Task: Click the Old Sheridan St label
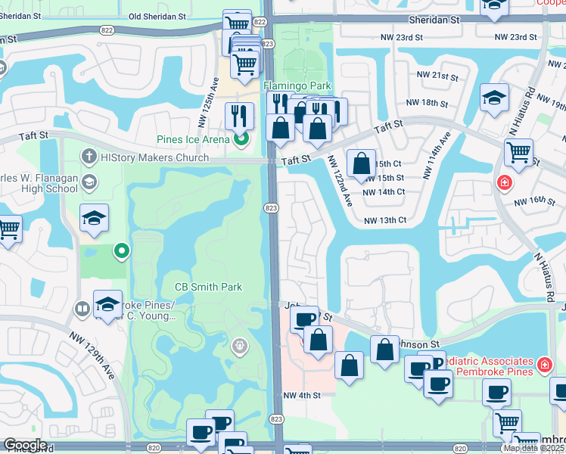168,16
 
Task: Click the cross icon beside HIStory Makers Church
89,157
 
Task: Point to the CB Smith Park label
208,287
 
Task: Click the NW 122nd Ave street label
340,182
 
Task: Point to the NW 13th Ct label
385,220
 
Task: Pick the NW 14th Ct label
385,192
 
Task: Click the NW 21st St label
437,77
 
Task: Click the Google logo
24,445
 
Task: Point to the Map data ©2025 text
533,448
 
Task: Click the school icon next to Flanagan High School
89,181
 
